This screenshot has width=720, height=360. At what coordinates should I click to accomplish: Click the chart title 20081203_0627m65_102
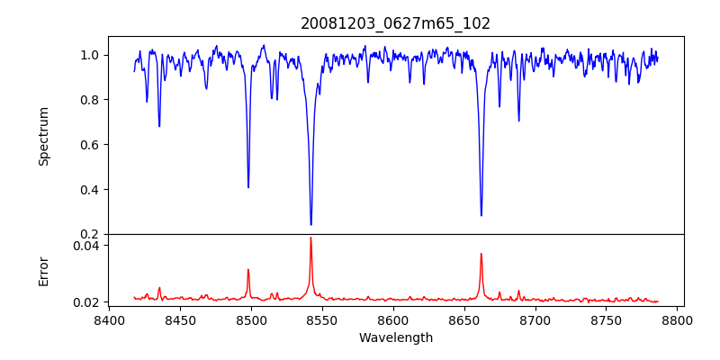coord(396,23)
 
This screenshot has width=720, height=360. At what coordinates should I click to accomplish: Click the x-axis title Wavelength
coord(396,338)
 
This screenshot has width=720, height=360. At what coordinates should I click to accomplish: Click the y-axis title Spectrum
coord(44,136)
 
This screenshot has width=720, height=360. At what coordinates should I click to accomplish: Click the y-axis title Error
coord(44,271)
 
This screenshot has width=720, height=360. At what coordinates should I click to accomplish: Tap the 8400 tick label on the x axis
coord(109,319)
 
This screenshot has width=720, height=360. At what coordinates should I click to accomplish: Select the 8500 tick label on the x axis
coord(251,319)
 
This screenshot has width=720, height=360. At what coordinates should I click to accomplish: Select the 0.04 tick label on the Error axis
coord(87,245)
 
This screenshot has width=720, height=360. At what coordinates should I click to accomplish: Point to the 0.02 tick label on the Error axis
coord(87,302)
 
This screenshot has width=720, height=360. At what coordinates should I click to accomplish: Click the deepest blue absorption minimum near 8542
coord(310,225)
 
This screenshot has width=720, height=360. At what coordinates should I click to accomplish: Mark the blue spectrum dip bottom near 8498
coord(248,187)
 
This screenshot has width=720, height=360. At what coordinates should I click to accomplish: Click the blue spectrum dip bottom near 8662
coord(481,215)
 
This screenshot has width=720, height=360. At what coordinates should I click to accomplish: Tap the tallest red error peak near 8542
coord(310,238)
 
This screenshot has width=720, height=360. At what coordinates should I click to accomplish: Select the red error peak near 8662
coord(481,254)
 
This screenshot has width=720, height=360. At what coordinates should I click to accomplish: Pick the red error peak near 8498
coord(248,269)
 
